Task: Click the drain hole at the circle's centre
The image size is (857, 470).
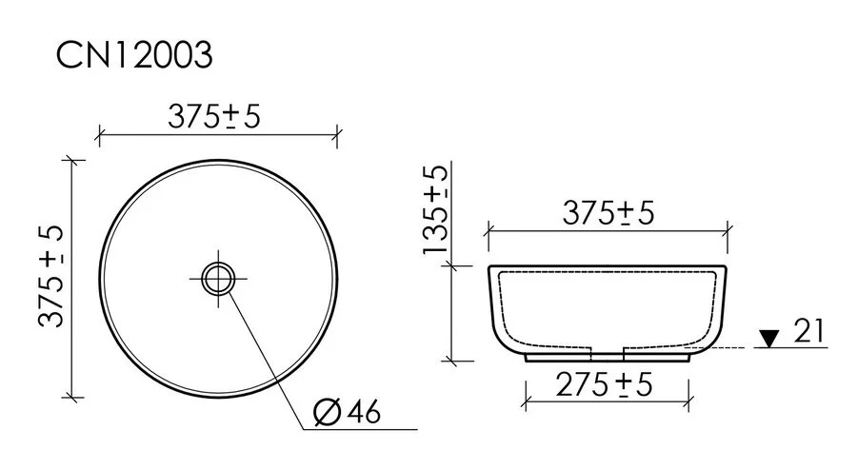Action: pos(218,278)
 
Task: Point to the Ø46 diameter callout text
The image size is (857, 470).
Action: pos(347,412)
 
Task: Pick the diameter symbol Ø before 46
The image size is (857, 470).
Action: pos(325,412)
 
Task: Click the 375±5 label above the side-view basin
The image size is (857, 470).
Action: pos(610,214)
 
